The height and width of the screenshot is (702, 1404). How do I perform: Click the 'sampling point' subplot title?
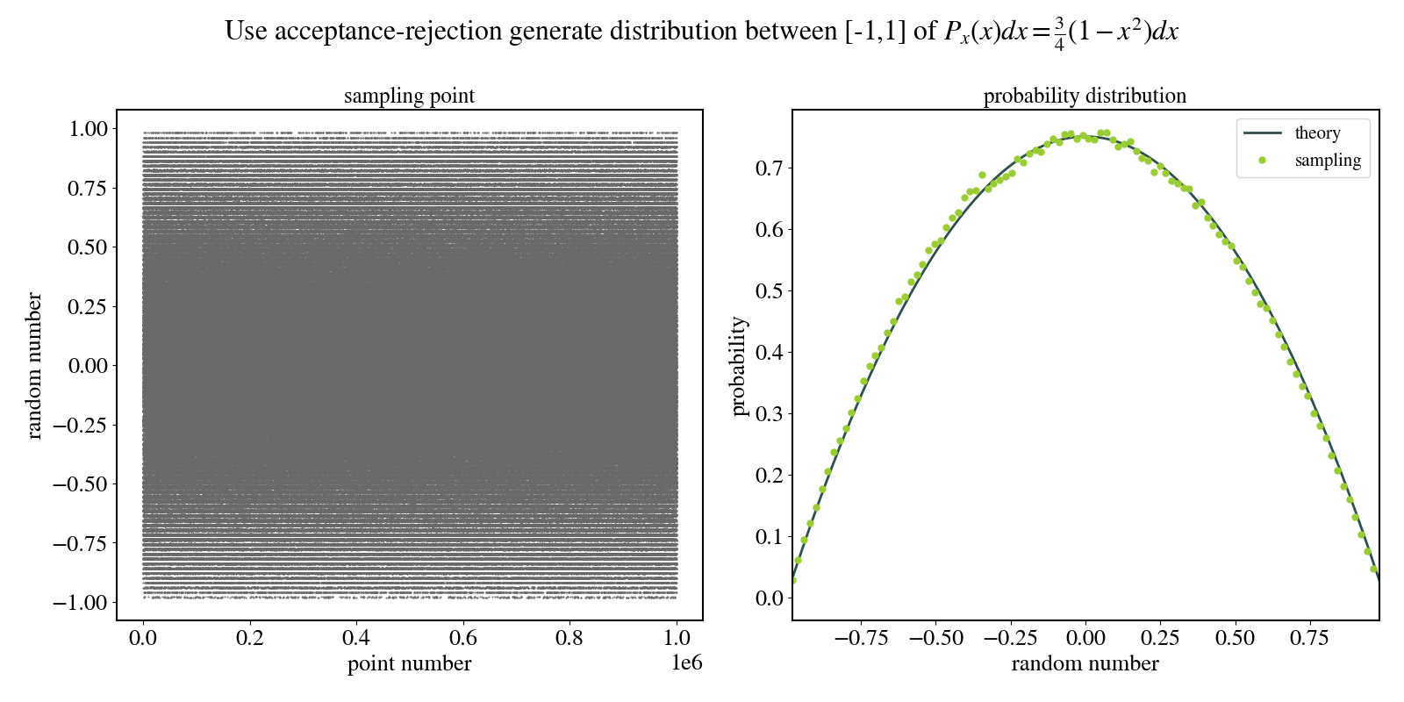coord(409,96)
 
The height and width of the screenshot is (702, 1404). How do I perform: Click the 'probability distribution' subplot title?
coord(1085,96)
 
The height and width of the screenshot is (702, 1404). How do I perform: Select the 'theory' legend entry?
coord(1317,133)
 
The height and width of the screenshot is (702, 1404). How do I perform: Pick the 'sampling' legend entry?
coord(1328,161)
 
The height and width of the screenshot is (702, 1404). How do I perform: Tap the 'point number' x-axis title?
coord(409,663)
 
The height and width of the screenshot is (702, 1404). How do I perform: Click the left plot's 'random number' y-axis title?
coord(34,365)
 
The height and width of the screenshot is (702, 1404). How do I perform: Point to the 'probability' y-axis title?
coord(738,365)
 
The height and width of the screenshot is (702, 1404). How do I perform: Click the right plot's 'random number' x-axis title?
coord(1085,663)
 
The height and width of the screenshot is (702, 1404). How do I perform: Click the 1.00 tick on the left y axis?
coord(88,129)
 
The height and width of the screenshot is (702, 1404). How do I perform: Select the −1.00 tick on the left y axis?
coord(81,603)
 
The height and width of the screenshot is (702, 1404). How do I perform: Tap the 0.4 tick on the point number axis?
coord(356,638)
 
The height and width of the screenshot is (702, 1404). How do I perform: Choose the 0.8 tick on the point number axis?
coord(569,638)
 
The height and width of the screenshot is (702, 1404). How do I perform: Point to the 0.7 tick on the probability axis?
coord(769,168)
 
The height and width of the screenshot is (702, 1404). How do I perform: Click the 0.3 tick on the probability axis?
coord(769,414)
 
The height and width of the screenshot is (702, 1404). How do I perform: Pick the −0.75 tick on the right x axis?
coord(861,638)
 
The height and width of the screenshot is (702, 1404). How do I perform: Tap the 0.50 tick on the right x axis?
coord(1235,638)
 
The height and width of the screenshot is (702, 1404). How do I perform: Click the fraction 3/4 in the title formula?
coord(1059,32)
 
